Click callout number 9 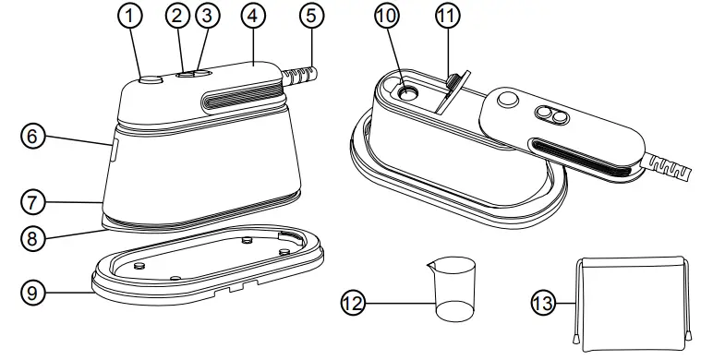point(32,294)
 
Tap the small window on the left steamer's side point(114,150)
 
